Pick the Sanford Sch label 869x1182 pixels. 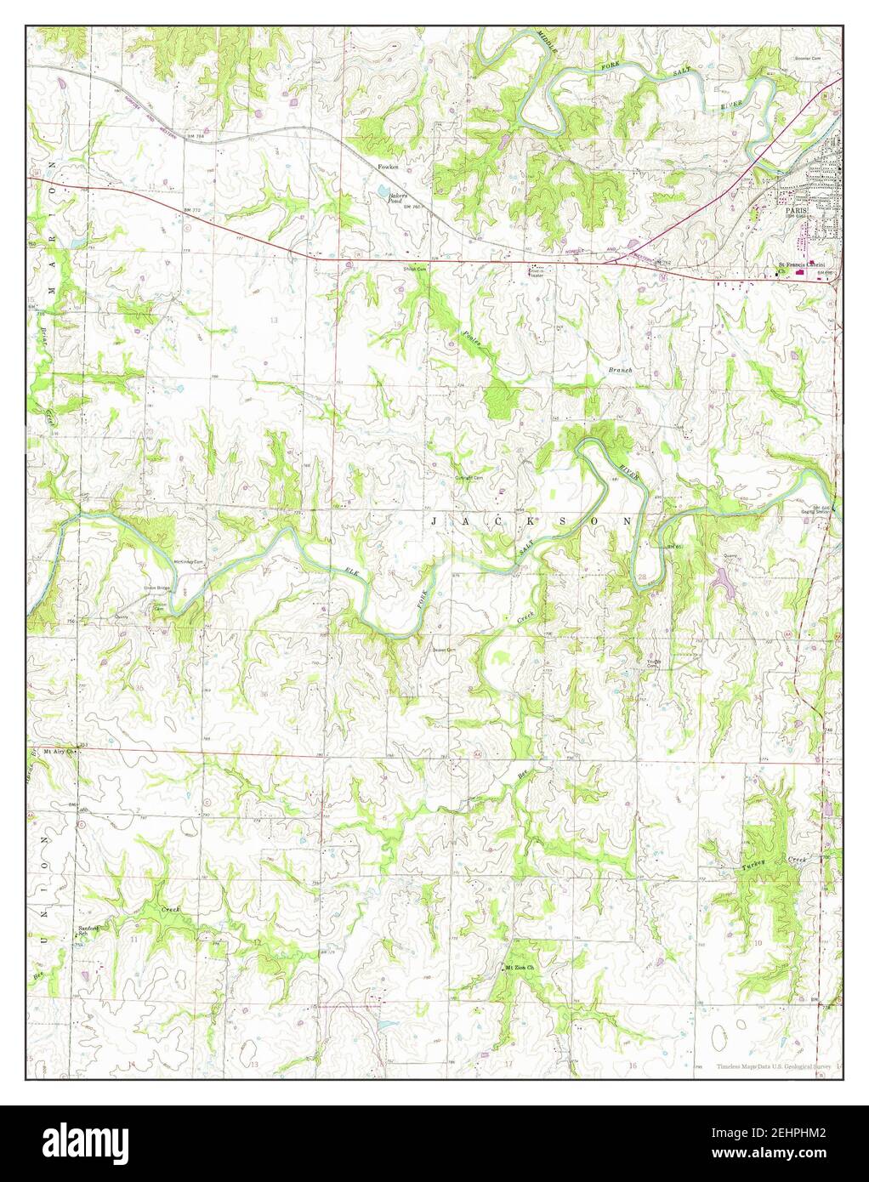[x=83, y=930]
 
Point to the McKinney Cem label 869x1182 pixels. [x=190, y=562]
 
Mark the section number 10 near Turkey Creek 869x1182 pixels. [x=756, y=943]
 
